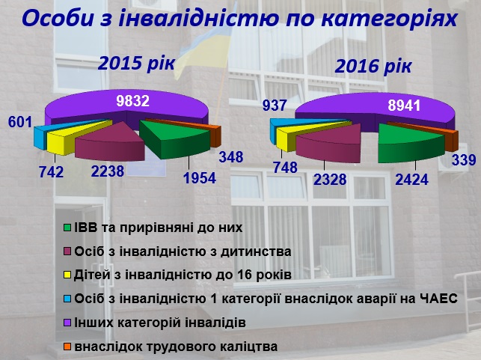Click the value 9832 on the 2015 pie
132,100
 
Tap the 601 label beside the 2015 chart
20,122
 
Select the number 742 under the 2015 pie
51,172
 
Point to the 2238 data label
108,171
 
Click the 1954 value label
200,178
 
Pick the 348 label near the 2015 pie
231,157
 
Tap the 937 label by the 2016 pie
275,106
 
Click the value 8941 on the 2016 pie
404,106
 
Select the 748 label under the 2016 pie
285,168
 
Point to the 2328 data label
330,180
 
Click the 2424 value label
411,180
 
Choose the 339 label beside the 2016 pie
464,160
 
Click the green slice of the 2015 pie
175,138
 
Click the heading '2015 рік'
136,64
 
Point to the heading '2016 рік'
373,66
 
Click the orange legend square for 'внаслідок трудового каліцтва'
67,347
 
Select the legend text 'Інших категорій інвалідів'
160,323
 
